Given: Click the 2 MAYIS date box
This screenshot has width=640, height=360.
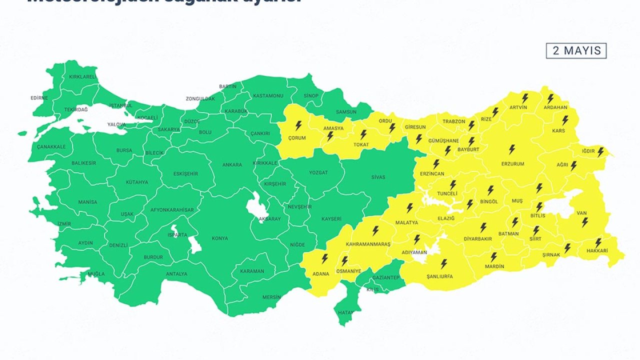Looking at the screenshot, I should (x=576, y=51).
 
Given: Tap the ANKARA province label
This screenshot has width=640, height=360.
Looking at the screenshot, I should (x=232, y=165).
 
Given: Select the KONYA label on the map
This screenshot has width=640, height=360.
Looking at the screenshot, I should (x=219, y=238).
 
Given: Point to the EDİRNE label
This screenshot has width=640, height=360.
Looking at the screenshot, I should (x=39, y=98).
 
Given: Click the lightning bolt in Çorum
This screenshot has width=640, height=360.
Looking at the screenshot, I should (x=298, y=125).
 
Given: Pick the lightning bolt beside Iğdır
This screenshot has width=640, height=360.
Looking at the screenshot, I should (x=600, y=151).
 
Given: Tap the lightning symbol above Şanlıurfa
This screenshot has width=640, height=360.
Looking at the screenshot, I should (x=443, y=263).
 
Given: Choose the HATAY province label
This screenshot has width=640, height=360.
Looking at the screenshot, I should (x=345, y=313).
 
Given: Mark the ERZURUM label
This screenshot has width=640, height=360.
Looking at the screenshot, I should (x=512, y=164).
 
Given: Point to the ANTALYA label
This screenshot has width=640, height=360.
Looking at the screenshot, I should (x=176, y=274).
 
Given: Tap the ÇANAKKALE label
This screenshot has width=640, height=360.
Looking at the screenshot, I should (x=51, y=147).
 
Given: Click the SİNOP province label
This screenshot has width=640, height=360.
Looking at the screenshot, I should (x=311, y=95).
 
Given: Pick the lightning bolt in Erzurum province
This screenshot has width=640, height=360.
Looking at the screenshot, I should (x=512, y=149).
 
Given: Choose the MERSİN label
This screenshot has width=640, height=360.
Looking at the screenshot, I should (x=271, y=297).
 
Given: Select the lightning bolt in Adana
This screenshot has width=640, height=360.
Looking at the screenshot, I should (x=324, y=258).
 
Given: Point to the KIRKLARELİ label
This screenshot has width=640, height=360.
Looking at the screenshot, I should (x=82, y=77).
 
